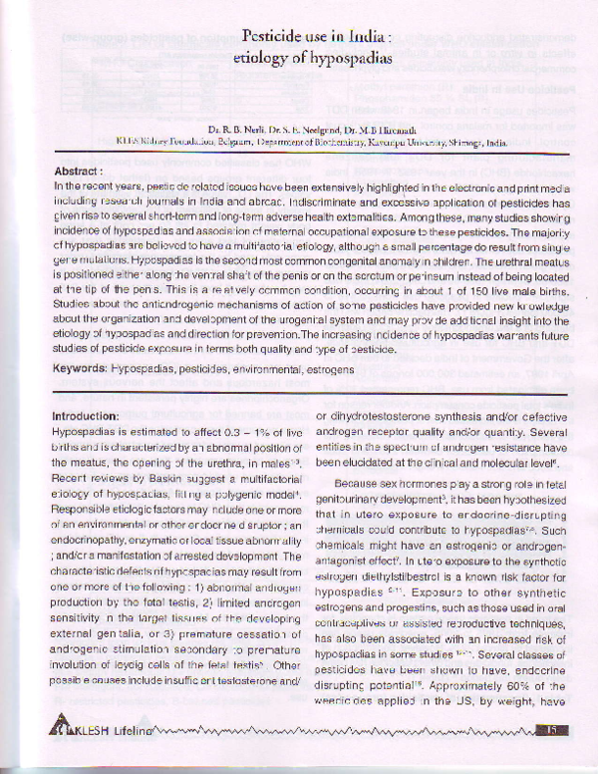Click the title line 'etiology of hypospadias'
point(313,58)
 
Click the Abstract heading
point(82,172)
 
